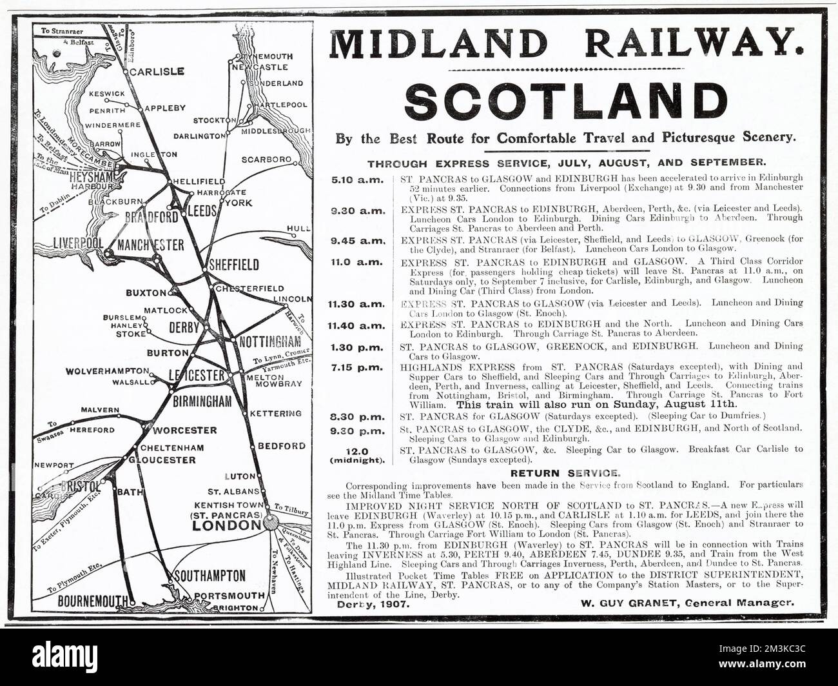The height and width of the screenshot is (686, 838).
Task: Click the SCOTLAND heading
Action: click(x=565, y=101)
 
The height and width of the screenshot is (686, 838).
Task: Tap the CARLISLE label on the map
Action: click(x=157, y=72)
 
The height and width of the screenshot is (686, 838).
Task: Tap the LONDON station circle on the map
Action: click(x=270, y=525)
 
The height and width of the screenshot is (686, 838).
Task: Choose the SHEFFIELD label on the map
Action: click(x=234, y=265)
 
